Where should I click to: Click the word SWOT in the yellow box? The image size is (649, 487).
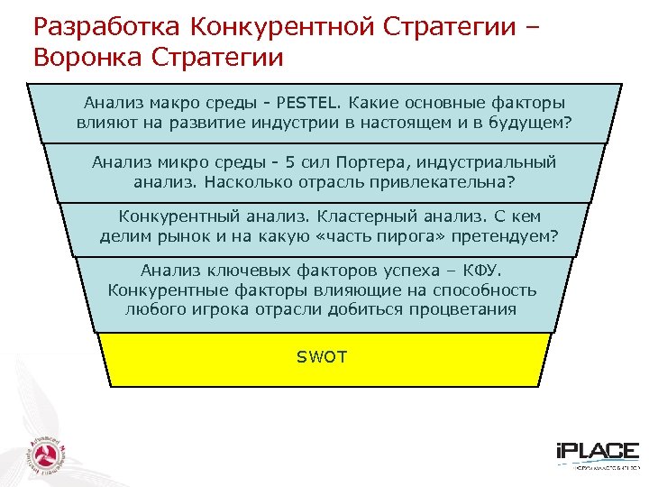point(322,357)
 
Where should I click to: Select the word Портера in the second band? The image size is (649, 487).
point(378,162)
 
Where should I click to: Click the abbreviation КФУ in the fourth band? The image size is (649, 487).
point(490,270)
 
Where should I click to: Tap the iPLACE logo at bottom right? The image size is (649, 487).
point(596,454)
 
